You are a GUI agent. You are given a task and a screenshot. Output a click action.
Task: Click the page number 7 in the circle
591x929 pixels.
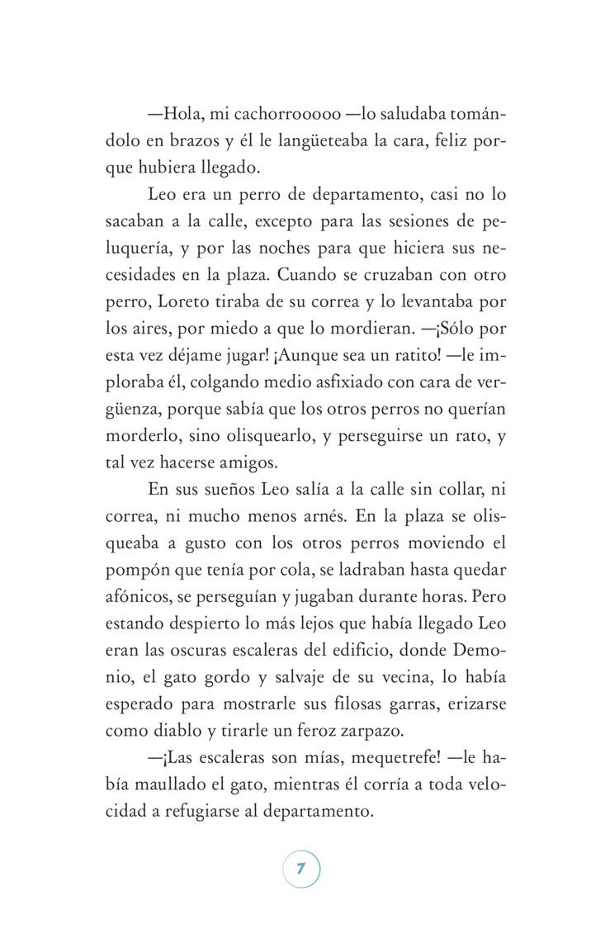[x=300, y=869]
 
